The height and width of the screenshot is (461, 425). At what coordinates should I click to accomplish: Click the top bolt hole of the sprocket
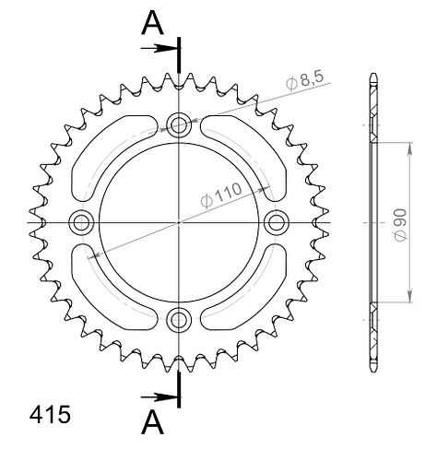tap(179, 124)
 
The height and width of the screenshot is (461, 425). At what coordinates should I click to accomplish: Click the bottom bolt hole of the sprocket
tap(179, 319)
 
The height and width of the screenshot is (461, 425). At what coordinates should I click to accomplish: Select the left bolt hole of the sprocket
tap(81, 222)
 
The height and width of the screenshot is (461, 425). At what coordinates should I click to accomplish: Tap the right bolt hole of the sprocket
tap(277, 222)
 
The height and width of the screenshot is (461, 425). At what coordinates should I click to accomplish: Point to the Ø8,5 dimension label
tap(304, 80)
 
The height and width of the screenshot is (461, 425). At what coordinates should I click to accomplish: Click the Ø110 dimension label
tap(221, 195)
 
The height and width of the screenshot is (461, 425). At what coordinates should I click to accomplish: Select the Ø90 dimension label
tap(401, 225)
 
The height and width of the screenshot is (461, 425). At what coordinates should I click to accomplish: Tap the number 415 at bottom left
tap(50, 415)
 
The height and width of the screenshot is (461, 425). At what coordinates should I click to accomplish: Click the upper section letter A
tap(152, 23)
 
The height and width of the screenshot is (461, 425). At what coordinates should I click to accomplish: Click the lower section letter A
tap(152, 423)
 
